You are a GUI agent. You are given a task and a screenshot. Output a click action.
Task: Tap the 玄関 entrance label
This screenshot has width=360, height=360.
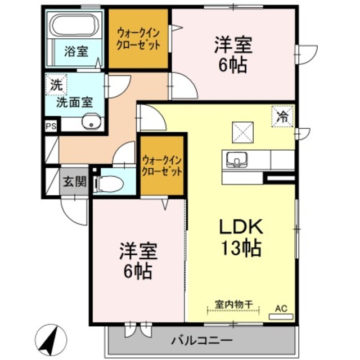pos(74,181)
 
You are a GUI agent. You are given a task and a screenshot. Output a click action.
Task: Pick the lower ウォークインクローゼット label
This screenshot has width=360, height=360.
pos(162,165)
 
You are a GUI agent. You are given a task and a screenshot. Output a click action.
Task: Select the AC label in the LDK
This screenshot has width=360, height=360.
pos(281,308)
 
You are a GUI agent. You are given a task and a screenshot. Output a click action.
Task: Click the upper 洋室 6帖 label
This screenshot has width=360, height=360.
pos(232,53)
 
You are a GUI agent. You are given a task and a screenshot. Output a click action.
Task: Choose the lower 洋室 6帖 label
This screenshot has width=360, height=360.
pos(137,262)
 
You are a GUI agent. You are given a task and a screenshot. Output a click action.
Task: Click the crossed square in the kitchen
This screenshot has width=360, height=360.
pos(245,134)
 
